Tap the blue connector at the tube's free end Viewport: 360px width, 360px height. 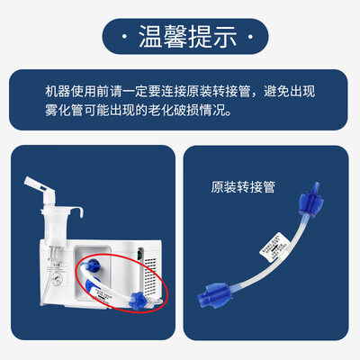click(x=137, y=296)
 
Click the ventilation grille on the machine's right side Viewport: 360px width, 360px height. click(x=154, y=261)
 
